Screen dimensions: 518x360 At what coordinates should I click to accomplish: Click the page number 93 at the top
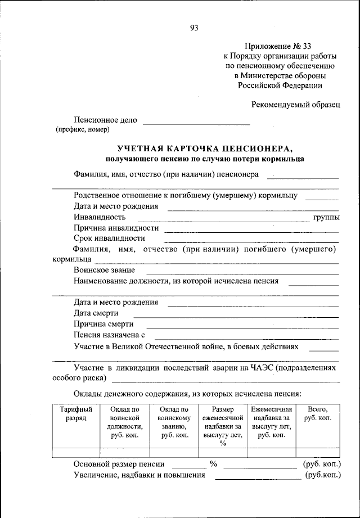pos(195,28)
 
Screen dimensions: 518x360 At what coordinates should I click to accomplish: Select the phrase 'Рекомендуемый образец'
pos(296,103)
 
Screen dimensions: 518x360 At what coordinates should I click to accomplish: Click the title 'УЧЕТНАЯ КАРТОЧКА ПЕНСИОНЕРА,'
pos(205,148)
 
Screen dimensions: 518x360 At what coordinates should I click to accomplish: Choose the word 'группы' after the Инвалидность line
pos(326,217)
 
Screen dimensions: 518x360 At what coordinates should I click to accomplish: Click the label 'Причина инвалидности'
pos(116,228)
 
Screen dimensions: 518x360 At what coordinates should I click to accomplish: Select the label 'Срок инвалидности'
pos(109,238)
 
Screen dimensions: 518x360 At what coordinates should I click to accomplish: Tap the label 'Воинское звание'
pos(104,270)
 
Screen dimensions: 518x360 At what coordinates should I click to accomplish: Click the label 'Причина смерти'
pos(103,324)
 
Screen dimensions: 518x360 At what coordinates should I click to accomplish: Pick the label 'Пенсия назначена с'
pos(109,335)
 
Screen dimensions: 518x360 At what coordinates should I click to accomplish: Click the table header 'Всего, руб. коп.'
pos(317,414)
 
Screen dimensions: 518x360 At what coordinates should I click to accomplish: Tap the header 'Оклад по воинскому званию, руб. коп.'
pos(174,422)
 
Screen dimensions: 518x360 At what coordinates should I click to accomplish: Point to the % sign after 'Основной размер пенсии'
pos(213,464)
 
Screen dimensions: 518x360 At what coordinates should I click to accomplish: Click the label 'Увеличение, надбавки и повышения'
pos(139,475)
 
